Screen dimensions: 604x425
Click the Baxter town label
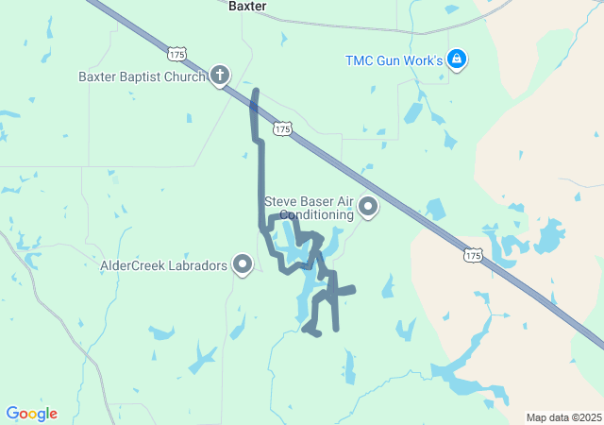tap(247, 6)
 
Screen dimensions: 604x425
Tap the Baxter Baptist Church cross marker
tap(220, 76)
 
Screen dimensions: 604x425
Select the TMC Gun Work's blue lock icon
tap(457, 60)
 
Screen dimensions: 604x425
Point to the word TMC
tap(359, 60)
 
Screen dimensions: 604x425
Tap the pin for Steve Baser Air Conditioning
tap(367, 207)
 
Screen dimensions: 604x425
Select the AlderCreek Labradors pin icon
tap(243, 265)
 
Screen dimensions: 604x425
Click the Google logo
tap(31, 414)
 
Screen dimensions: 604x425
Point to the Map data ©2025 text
tap(563, 417)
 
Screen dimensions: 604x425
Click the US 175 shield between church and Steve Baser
tap(280, 127)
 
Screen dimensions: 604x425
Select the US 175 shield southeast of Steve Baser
tap(473, 255)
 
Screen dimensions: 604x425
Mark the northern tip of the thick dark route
tap(255, 92)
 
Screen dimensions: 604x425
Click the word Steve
tap(281, 201)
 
